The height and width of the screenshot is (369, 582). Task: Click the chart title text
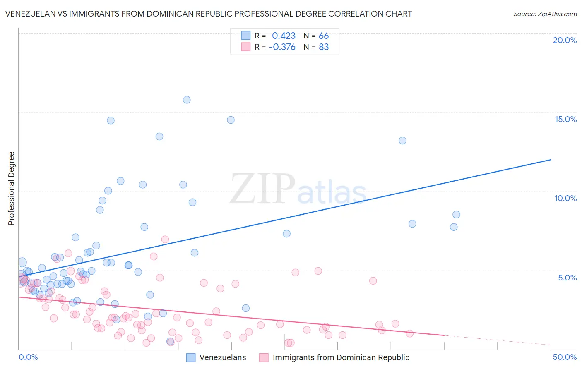point(208,14)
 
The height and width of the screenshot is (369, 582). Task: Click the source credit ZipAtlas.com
point(545,14)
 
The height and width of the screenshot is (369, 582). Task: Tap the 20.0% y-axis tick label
point(565,40)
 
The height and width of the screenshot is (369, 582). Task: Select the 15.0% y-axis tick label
point(565,119)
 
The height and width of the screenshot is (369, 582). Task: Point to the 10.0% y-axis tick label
point(565,198)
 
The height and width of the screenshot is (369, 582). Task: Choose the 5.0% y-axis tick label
point(567,278)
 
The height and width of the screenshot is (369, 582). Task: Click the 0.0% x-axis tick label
point(28,357)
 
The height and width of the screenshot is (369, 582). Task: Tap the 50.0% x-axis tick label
point(565,357)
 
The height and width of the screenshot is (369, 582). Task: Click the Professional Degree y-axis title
point(11,189)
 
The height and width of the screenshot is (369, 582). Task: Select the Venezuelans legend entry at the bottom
point(222,357)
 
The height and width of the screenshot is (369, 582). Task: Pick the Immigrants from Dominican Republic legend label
point(341,357)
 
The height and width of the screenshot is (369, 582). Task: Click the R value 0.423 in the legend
point(284,36)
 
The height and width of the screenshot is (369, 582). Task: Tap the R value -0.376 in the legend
point(282,47)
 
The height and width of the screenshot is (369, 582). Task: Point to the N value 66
point(324,36)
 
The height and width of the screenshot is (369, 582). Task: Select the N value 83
point(324,47)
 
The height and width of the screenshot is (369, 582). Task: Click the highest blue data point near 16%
point(187,100)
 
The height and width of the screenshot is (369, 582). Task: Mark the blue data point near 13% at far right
point(402,141)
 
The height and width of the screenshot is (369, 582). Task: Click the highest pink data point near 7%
point(165,239)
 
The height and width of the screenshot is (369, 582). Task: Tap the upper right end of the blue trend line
point(551,160)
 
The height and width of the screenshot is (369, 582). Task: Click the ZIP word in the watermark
point(262,189)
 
